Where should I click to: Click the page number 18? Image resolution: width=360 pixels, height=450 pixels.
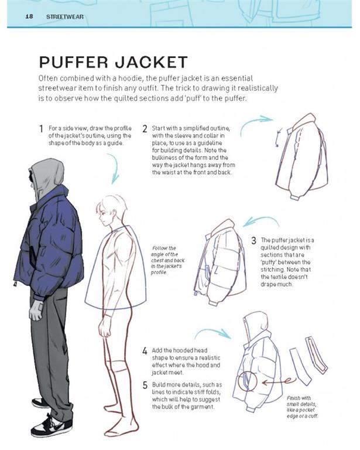pyautogui.click(x=28, y=16)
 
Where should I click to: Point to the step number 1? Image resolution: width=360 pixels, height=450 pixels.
pyautogui.click(x=41, y=128)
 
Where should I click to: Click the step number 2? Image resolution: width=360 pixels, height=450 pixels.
pyautogui.click(x=145, y=128)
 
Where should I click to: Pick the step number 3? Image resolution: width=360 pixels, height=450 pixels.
pyautogui.click(x=253, y=240)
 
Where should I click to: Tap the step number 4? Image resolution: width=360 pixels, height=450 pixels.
pyautogui.click(x=145, y=351)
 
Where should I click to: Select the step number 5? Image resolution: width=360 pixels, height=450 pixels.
pyautogui.click(x=145, y=385)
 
